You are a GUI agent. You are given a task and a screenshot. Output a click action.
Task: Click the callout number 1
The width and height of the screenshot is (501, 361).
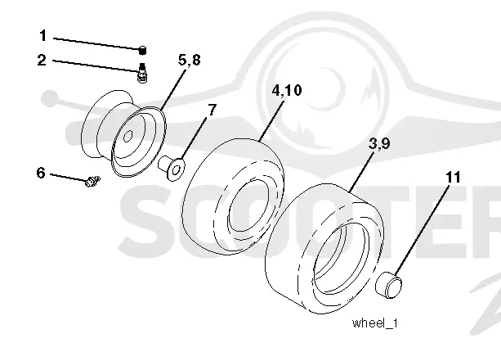(x=43, y=35)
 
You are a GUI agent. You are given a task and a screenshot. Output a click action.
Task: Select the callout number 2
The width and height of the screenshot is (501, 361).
(x=42, y=61)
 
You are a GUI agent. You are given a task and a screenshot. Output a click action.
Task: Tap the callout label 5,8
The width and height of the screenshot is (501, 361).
(x=189, y=60)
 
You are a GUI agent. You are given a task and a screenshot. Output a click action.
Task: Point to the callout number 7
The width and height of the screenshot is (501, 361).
(x=212, y=110)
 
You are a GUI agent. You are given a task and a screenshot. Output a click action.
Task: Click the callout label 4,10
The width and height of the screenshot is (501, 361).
(x=287, y=90)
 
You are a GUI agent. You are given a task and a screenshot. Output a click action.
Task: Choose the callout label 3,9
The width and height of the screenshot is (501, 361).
(x=379, y=143)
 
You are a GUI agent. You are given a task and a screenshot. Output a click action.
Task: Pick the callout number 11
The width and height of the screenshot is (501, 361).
(x=453, y=177)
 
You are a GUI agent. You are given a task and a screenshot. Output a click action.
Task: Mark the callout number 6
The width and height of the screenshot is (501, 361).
(x=41, y=173)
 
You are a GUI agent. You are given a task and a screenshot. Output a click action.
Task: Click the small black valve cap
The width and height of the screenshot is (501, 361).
(x=143, y=50)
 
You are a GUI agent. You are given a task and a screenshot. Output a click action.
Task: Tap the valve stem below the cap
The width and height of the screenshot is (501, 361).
(x=142, y=73)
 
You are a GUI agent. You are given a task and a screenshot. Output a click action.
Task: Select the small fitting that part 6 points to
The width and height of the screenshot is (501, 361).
(x=92, y=182)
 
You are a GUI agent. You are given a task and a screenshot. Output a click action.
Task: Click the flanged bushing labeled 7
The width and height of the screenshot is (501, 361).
(x=172, y=167)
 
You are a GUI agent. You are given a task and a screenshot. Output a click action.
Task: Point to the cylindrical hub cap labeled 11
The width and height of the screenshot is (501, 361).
(x=388, y=285)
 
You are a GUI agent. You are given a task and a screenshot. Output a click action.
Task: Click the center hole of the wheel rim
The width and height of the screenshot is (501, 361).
(x=128, y=136)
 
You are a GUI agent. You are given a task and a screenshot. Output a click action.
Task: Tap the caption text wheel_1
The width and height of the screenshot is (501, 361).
(x=375, y=323)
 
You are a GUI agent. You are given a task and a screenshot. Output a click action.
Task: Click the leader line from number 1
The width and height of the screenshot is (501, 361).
(x=96, y=43)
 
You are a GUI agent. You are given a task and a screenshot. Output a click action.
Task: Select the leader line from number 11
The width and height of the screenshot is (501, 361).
(x=422, y=230)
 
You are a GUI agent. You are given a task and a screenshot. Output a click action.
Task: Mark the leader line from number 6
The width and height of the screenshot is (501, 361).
(x=68, y=178)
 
